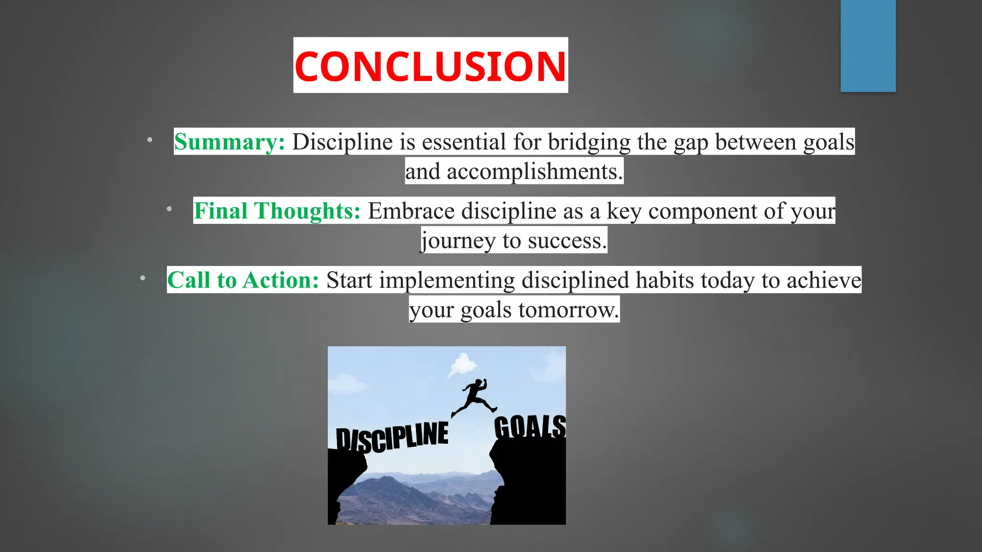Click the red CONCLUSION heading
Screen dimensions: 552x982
pos(430,66)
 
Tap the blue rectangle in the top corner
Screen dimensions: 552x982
pos(868,46)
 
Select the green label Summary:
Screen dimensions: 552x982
pos(229,142)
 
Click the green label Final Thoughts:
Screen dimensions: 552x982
pos(277,211)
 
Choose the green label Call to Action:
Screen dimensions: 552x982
pos(243,280)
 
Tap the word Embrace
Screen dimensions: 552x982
pos(411,211)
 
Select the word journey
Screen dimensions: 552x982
pos(458,241)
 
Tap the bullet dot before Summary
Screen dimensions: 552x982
pos(150,140)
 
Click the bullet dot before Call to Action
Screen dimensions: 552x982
pos(142,278)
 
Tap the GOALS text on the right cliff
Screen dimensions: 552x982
pos(529,426)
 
